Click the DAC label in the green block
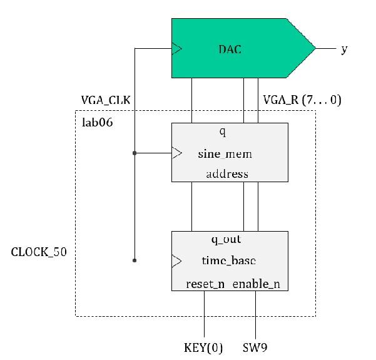click(230, 48)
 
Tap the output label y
click(344, 48)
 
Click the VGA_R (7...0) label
click(302, 100)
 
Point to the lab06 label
click(98, 121)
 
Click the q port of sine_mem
click(222, 132)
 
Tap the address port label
click(226, 174)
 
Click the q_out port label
click(226, 240)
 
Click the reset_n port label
click(205, 284)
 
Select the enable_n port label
click(257, 284)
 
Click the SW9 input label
click(256, 347)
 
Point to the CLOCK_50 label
click(39, 252)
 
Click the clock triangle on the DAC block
click(177, 48)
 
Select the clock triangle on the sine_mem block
click(177, 152)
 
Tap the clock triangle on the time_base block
click(177, 260)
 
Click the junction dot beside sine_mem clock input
click(135, 152)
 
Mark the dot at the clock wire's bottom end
click(135, 259)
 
